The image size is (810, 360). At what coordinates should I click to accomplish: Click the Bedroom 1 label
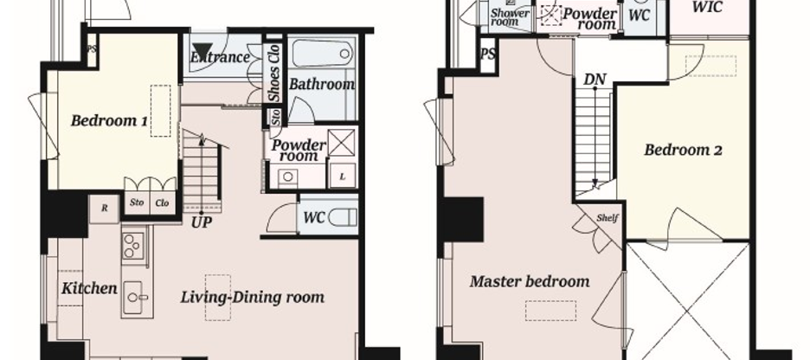109,121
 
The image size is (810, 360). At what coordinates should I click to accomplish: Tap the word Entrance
221,58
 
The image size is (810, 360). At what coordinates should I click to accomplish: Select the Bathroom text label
321,84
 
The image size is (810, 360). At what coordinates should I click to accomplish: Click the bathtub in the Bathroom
319,55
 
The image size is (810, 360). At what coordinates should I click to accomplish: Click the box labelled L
344,177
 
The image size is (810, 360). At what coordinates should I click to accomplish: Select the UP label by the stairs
202,222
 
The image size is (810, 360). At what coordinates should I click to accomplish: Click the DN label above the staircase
595,80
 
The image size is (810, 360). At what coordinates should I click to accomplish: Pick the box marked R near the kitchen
104,208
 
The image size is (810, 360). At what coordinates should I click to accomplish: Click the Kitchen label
88,288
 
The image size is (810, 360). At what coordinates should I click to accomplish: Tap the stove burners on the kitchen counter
133,246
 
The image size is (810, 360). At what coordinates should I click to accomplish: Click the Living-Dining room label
252,298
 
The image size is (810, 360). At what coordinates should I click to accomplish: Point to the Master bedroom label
530,281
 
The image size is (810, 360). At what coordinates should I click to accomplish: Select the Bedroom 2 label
683,150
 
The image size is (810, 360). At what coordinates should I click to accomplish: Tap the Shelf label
607,218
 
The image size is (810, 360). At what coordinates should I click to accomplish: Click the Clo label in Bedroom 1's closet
161,204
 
